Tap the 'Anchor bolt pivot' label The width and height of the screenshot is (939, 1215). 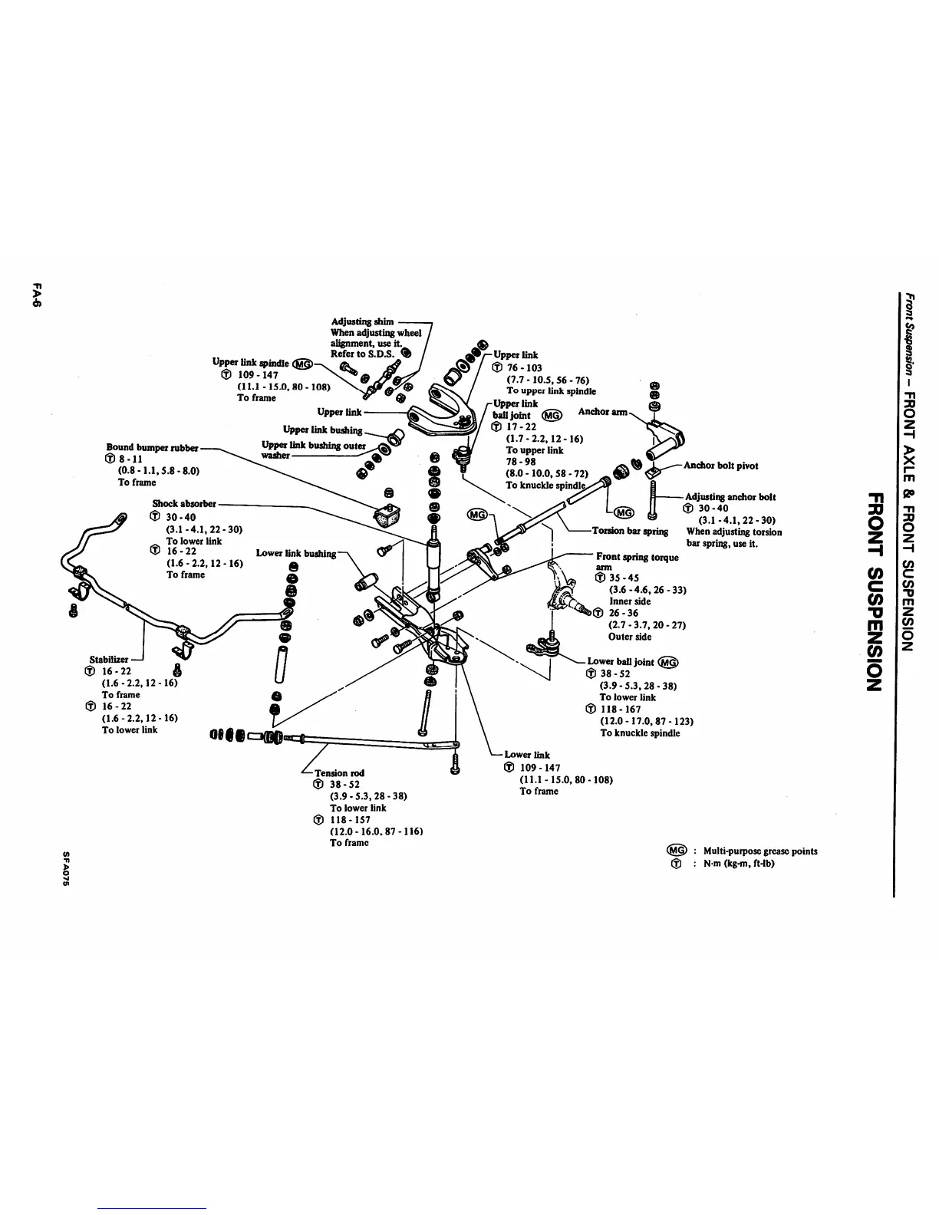[720, 466]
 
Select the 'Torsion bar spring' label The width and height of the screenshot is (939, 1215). [630, 531]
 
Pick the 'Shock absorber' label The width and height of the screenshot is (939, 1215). [184, 504]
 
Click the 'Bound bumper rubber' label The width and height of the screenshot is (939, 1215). [152, 447]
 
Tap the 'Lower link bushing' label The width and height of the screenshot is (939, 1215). [296, 553]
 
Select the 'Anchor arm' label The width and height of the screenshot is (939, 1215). [603, 412]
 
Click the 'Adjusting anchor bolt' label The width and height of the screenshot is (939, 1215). [730, 497]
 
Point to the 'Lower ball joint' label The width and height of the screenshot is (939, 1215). [621, 661]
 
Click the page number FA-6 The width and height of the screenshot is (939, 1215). [36, 295]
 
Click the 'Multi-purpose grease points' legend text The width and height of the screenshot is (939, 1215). [759, 851]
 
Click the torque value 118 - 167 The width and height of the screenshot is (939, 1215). [621, 710]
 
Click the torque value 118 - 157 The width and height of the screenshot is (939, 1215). [350, 819]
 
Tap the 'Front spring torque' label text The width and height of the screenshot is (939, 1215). [637, 557]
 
